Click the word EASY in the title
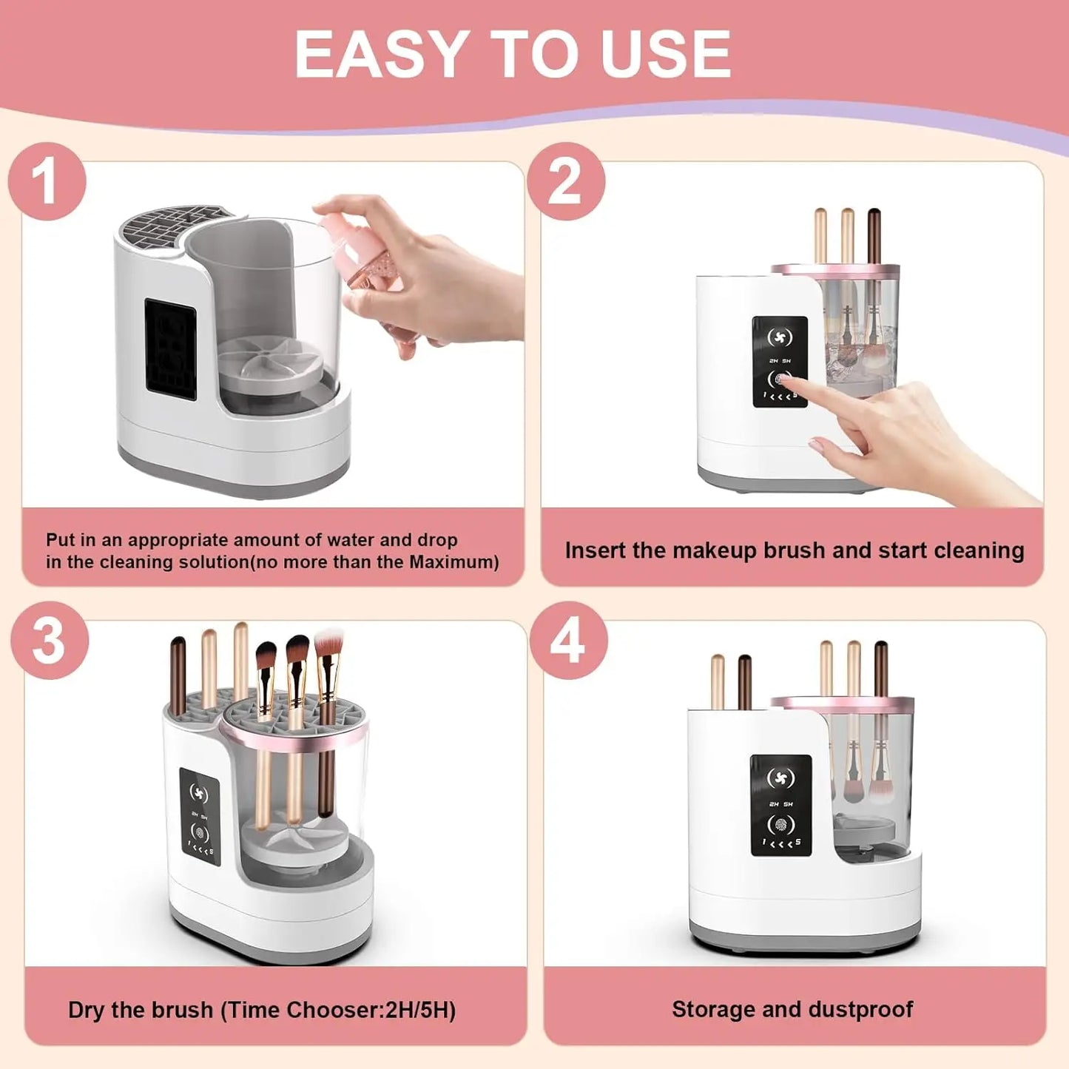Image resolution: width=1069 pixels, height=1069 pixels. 380,54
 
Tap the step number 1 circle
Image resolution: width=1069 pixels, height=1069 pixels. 47,181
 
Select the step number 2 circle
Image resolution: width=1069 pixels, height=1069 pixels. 565,181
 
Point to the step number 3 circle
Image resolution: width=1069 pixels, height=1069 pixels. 49,641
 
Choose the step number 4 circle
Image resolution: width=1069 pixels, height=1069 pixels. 567,641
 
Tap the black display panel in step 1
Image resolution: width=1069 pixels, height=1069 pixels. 170,348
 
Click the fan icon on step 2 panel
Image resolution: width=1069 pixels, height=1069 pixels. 779,337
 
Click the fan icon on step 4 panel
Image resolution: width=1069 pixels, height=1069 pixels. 780,778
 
